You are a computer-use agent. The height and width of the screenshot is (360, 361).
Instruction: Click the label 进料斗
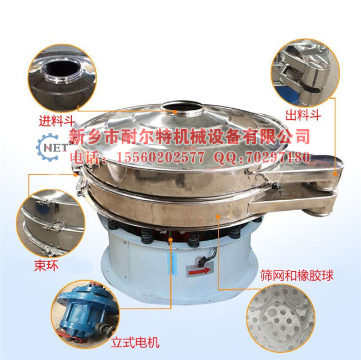(57, 120)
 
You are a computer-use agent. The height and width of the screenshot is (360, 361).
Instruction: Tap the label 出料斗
(303, 115)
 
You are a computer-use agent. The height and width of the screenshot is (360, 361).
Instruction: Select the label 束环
(46, 266)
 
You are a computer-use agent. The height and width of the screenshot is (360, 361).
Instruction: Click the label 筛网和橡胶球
(297, 275)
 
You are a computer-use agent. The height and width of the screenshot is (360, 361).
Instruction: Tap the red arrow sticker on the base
(199, 271)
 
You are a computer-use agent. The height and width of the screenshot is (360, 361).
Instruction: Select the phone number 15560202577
(161, 157)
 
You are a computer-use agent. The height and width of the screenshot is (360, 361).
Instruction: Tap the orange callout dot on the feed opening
(175, 112)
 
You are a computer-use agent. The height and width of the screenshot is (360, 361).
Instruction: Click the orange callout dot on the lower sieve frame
(218, 215)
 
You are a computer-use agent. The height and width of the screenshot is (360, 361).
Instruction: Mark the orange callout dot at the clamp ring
(76, 174)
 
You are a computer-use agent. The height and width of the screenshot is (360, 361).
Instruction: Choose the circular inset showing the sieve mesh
(280, 318)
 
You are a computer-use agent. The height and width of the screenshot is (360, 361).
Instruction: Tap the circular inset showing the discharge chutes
(305, 73)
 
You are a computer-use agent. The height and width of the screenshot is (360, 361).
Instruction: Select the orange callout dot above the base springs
(171, 240)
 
